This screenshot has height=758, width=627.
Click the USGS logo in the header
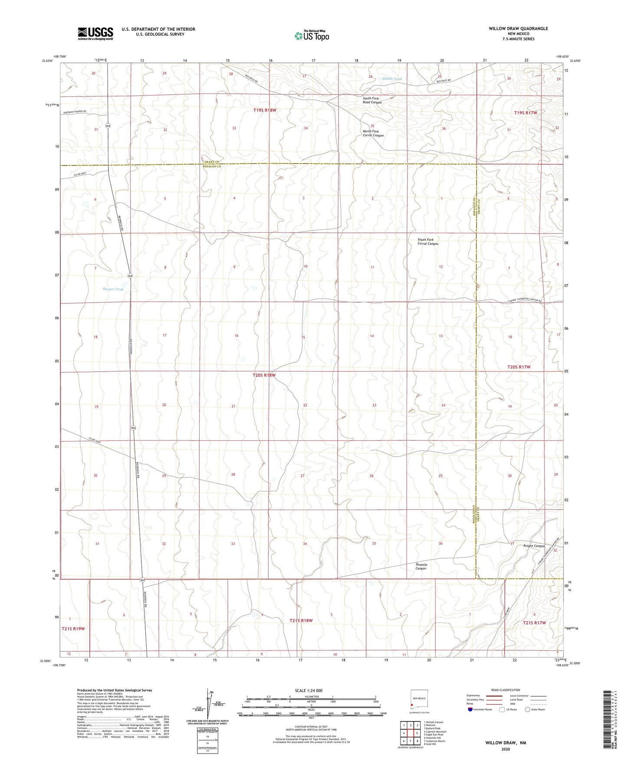click(x=95, y=33)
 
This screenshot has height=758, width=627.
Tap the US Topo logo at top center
click(x=311, y=36)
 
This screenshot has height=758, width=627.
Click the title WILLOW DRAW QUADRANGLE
click(x=518, y=29)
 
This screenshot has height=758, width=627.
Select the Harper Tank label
click(x=113, y=289)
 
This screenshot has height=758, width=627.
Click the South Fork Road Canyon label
click(x=372, y=100)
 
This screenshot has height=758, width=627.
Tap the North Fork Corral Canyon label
click(x=373, y=133)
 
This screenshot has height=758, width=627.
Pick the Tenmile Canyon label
click(x=421, y=567)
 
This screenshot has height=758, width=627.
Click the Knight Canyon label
click(x=534, y=546)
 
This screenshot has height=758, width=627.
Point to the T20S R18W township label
click(x=264, y=375)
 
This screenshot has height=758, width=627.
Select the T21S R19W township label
click(x=73, y=628)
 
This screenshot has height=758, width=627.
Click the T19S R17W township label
click(x=525, y=113)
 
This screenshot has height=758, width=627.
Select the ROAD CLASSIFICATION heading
click(x=506, y=690)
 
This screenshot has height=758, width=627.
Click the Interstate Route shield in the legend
click(x=470, y=709)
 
